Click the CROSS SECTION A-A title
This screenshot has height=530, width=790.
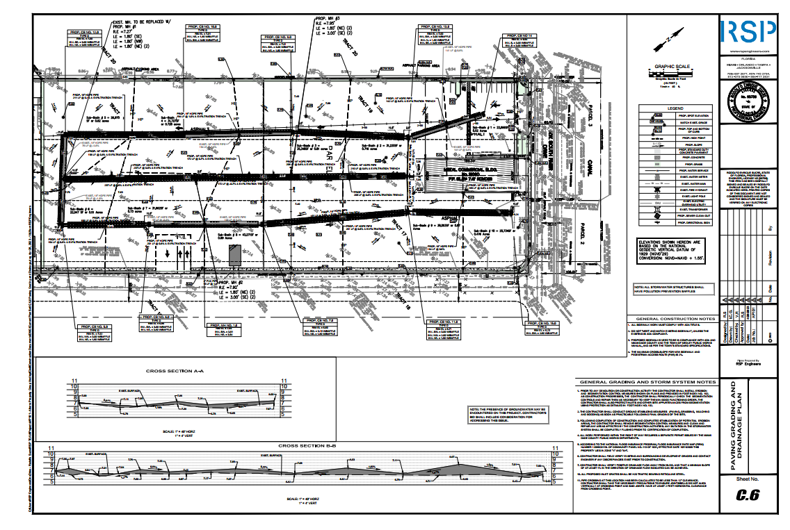[175, 371]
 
